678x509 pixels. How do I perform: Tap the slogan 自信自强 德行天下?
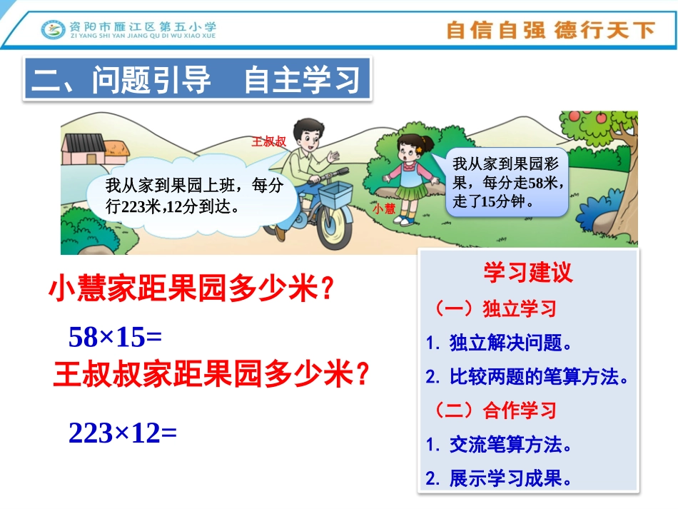[x=550, y=30]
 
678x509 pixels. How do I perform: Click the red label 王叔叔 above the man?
[x=269, y=142]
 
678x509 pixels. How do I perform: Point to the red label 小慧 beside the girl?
[x=383, y=209]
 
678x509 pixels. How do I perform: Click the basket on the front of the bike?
[x=335, y=195]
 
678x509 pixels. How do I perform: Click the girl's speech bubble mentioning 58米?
[x=507, y=182]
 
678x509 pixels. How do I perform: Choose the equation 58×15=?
[x=116, y=336]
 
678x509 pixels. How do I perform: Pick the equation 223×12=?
[x=122, y=432]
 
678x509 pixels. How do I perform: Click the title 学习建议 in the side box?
[x=527, y=272]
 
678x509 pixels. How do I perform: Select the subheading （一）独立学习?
[x=494, y=309]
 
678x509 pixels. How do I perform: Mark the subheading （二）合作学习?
[x=494, y=410]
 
